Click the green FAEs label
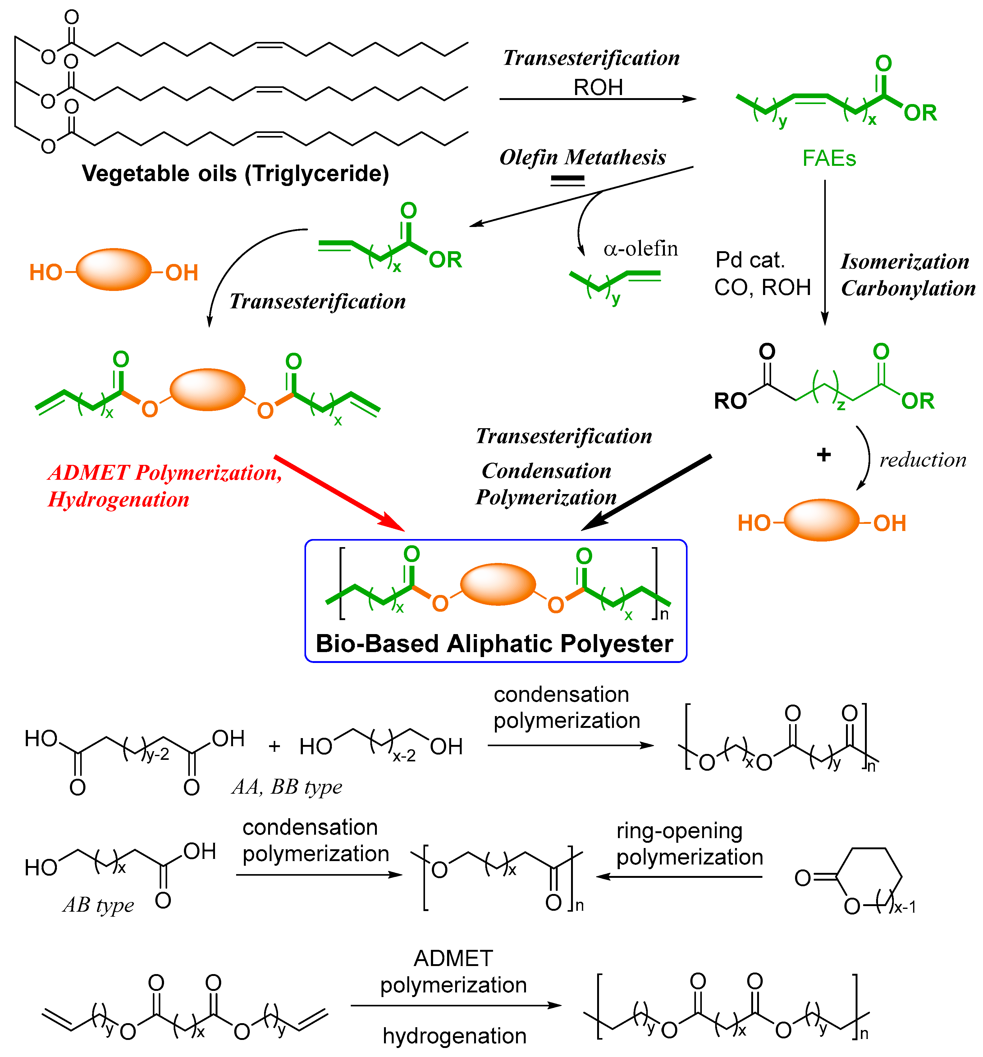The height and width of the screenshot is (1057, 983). click(x=829, y=158)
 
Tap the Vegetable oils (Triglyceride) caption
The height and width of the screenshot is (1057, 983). click(x=235, y=174)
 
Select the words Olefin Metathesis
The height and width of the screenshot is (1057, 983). click(x=583, y=157)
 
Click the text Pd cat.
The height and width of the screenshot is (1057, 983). click(x=750, y=260)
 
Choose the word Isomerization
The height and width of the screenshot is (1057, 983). click(x=905, y=261)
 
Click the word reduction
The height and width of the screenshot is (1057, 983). click(x=923, y=460)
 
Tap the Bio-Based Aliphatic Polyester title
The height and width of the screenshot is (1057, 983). click(x=494, y=644)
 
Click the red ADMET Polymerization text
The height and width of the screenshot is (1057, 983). click(x=165, y=473)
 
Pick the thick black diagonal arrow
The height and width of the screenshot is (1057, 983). click(x=646, y=492)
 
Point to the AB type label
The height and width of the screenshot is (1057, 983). click(x=98, y=905)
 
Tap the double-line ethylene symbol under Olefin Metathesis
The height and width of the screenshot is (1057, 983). click(x=568, y=181)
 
